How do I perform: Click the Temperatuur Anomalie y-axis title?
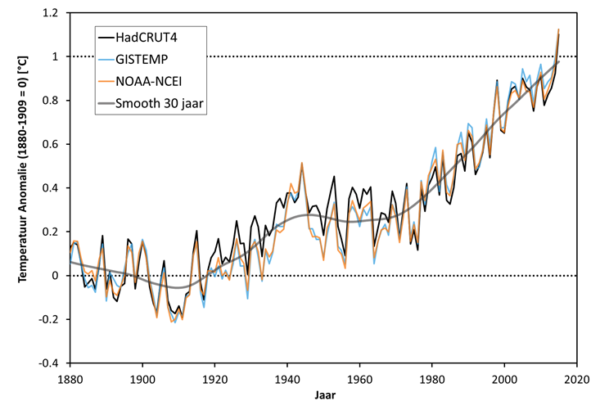coord(25,187)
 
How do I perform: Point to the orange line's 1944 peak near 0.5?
coord(302,163)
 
